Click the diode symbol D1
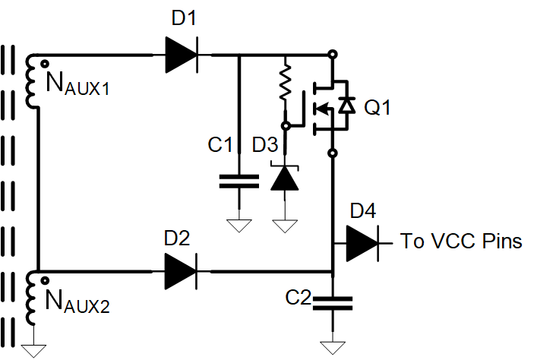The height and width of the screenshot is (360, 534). click(181, 55)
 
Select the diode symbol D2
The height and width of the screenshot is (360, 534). click(181, 270)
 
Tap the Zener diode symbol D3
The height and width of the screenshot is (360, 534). click(285, 177)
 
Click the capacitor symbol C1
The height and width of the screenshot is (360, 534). click(239, 182)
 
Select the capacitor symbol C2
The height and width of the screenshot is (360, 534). click(333, 303)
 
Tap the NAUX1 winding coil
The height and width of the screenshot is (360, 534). click(32, 81)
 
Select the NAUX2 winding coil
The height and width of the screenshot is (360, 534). click(32, 296)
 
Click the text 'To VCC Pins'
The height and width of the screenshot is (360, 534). click(461, 242)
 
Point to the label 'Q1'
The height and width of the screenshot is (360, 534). click(378, 108)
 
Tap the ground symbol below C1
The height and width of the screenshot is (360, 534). click(239, 224)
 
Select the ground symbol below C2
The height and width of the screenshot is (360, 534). click(333, 347)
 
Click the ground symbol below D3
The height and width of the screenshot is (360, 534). click(285, 224)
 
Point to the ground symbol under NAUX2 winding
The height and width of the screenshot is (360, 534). click(33, 349)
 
